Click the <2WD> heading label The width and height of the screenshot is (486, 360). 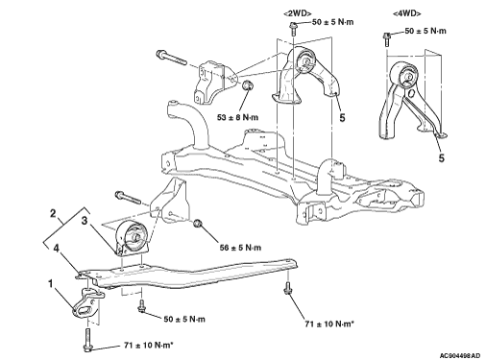pos(298,13)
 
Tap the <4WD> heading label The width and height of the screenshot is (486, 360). pos(406,13)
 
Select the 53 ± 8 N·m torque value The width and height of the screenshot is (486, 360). pos(237,117)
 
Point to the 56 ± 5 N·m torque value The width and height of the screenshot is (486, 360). pos(240,248)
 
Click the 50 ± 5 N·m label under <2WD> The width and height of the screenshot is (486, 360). pos(332,22)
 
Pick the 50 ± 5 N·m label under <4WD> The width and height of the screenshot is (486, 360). pos(425,31)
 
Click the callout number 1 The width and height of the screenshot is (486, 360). pos(50,283)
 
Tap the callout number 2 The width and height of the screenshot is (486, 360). pos(53,214)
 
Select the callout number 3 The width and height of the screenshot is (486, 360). pos(85,220)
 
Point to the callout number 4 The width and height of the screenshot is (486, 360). pos(57,249)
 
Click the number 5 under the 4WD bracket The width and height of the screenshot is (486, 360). pos(442,158)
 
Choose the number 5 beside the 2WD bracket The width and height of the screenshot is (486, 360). pos(342,118)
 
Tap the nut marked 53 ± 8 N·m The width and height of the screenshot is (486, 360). pos(247,85)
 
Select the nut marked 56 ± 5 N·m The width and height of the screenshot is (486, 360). pos(198,223)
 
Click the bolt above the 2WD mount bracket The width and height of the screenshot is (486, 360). pos(293,29)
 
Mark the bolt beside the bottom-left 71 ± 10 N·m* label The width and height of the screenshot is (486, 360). pos(87,340)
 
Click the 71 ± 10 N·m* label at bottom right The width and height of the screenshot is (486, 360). pos(329,324)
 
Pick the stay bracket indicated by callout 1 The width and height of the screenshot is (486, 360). pos(87,303)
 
